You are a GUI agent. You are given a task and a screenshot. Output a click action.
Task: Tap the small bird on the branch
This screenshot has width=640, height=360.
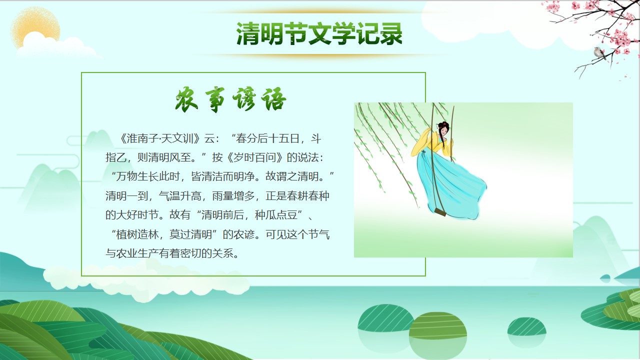599,53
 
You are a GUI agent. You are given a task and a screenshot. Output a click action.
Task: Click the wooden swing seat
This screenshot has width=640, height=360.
440,212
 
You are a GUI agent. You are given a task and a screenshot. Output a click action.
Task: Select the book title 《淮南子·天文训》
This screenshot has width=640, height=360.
159,138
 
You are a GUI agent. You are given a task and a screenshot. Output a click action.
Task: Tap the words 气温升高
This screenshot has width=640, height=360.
180,196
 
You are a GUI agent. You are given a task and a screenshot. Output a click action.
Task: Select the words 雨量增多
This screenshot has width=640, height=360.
233,196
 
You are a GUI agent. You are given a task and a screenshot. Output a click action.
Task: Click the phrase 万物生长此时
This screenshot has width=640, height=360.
147,176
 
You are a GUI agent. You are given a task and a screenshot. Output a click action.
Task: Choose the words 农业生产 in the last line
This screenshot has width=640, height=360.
137,253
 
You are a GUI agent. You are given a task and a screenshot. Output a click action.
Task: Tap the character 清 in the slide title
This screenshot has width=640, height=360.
247,33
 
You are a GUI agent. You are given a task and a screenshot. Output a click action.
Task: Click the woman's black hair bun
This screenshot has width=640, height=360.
443,125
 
